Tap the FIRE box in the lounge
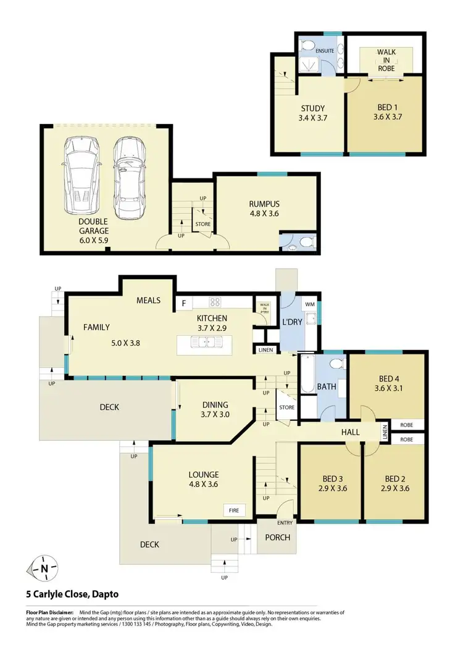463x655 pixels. pyautogui.click(x=235, y=511)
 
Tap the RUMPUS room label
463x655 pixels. pyautogui.click(x=265, y=204)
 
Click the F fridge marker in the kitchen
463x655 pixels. pyautogui.click(x=183, y=302)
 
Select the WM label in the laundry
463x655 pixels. pyautogui.click(x=310, y=304)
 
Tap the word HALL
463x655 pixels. pyautogui.click(x=350, y=433)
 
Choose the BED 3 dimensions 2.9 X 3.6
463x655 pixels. pyautogui.click(x=332, y=488)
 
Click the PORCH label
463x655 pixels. pyautogui.click(x=277, y=537)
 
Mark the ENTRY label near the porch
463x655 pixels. pyautogui.click(x=285, y=523)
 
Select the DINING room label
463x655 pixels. pyautogui.click(x=215, y=404)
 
